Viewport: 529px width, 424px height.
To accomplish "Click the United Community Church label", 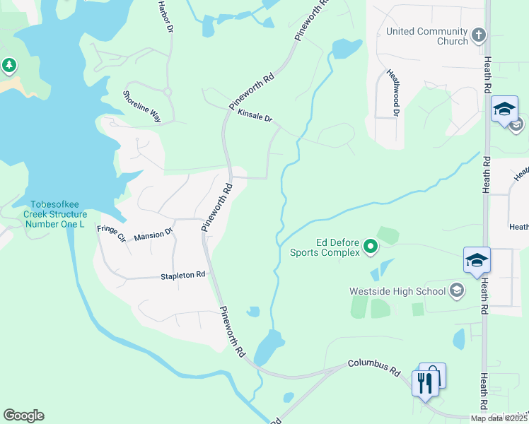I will (426, 36).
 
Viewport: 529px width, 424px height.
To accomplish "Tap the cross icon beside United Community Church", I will (479, 35).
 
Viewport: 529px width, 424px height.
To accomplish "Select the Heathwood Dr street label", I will (393, 93).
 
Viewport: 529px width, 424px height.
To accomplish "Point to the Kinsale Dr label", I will (255, 116).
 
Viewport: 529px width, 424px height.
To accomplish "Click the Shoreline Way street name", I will (142, 107).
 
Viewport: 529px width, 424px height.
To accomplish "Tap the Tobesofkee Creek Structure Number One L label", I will (55, 214).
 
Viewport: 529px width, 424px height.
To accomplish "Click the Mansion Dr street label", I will (153, 234).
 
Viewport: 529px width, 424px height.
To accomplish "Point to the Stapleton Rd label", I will (182, 275).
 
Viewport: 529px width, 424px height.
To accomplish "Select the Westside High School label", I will (397, 291).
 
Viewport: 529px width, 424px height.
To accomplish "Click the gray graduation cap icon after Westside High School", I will (457, 290).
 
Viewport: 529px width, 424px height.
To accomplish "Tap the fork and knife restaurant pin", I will (424, 382).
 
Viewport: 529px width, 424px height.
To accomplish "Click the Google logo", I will (23, 416).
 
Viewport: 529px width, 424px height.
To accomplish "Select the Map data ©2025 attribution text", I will (499, 418).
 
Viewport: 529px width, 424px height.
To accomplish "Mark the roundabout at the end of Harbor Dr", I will (168, 91).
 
